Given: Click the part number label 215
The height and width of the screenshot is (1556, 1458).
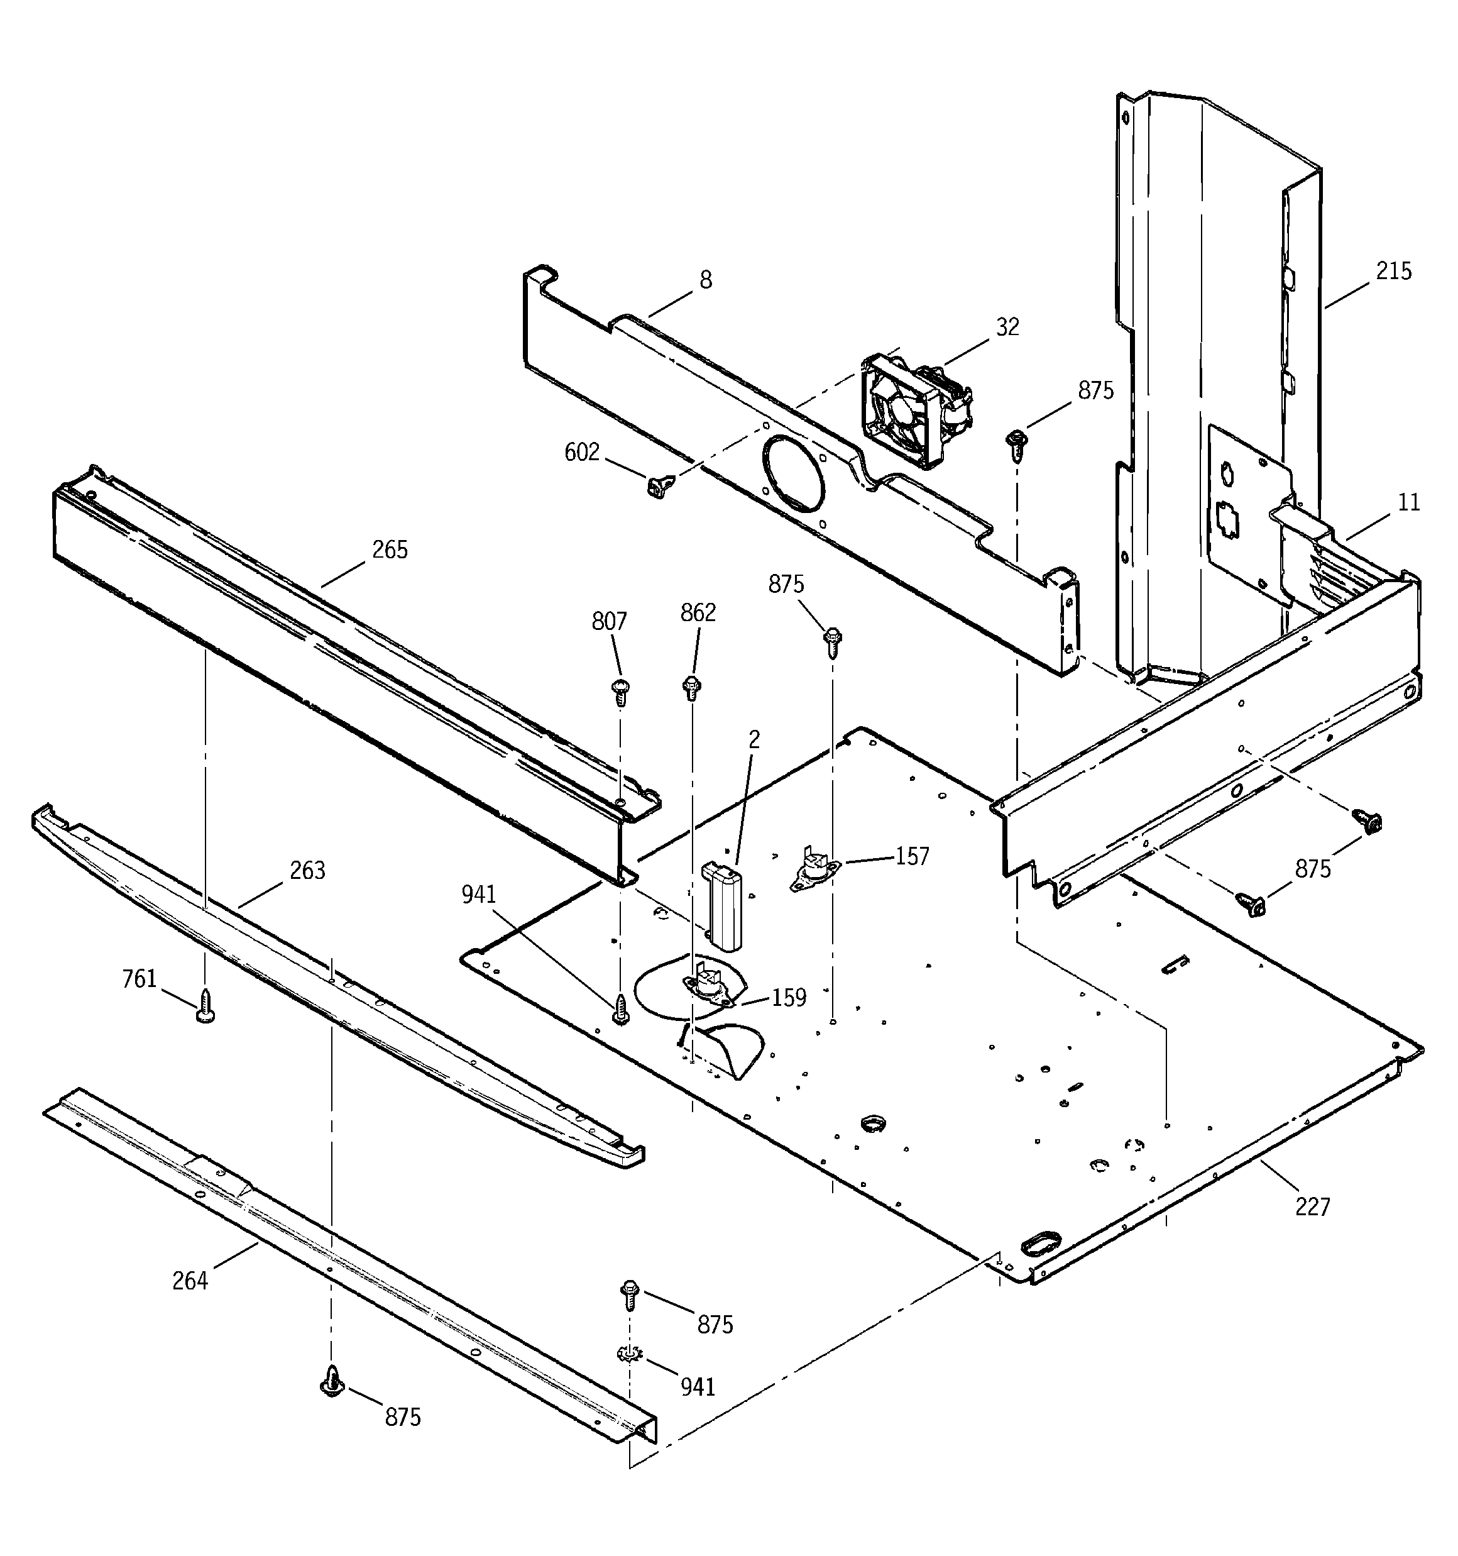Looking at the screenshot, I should (x=1394, y=272).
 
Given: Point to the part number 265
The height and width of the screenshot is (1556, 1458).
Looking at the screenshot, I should (x=390, y=550).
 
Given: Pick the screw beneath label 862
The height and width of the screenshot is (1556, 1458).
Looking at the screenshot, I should (x=692, y=687).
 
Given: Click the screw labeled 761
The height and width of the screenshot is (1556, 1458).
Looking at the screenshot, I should (x=205, y=1006).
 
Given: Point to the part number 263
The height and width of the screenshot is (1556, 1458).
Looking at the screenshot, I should (x=307, y=870).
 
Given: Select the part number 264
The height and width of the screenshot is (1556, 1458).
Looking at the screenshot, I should (x=190, y=1281).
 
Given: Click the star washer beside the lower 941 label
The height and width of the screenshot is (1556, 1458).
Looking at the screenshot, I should (x=628, y=1352).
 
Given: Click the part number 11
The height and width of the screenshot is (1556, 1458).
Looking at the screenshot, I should (x=1409, y=502).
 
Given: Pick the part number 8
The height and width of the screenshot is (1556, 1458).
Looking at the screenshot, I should (x=705, y=280).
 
